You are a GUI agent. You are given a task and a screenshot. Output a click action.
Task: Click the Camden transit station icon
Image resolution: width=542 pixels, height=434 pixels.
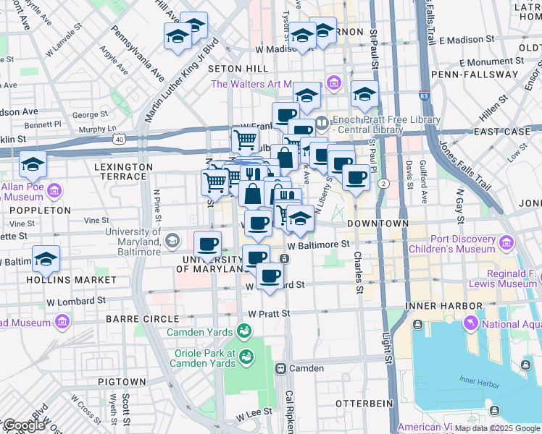pos(279,368)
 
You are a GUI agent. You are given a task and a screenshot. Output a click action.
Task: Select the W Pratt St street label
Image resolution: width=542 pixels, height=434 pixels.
pos(269,313)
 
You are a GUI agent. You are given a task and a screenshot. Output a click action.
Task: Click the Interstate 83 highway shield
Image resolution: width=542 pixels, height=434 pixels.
pos(425,95)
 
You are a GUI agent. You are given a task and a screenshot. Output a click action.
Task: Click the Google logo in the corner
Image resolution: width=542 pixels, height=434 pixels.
pos(23,426)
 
